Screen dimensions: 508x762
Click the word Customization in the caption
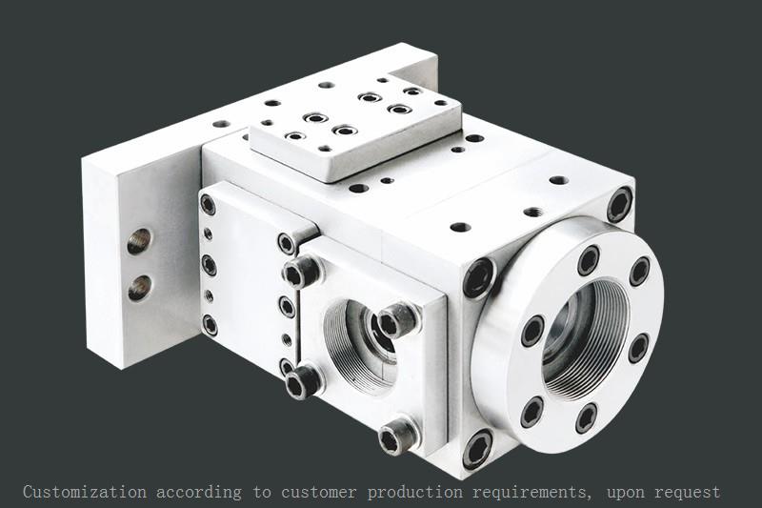[x=85, y=493]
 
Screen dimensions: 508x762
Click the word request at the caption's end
[x=688, y=493]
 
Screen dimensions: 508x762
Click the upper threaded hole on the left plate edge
[x=139, y=241]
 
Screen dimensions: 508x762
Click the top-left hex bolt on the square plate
[x=302, y=273]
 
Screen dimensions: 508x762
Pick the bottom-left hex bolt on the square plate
[x=303, y=381]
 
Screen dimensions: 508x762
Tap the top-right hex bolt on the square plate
[x=398, y=319]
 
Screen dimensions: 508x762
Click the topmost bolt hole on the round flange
[x=589, y=259]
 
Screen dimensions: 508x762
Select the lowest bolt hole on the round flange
[x=586, y=417]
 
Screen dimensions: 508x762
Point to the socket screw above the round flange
[x=619, y=204]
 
